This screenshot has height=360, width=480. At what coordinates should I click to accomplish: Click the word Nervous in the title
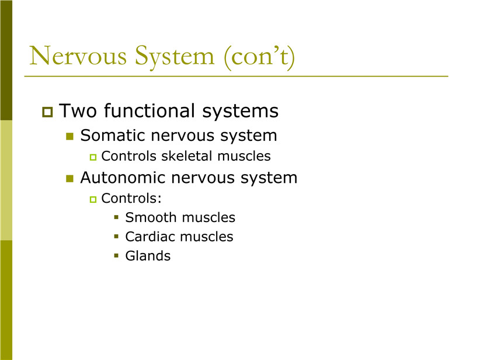(78, 56)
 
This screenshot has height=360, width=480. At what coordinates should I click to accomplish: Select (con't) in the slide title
(259, 57)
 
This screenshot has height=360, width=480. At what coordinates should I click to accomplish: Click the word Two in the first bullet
(78, 110)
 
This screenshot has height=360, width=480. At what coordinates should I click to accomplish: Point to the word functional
(149, 110)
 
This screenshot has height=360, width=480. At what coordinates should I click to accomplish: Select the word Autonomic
(123, 178)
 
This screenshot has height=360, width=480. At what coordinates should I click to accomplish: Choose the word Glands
(148, 256)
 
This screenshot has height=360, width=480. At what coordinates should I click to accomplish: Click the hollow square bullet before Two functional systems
(47, 112)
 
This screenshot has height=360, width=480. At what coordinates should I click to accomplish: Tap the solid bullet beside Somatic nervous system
(70, 136)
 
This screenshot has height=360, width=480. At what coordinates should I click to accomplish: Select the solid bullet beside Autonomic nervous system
(70, 178)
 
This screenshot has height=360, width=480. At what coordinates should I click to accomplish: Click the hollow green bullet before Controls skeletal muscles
(93, 157)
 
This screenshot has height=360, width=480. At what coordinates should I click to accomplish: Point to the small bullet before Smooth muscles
(116, 217)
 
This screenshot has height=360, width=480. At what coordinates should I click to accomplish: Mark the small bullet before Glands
(116, 255)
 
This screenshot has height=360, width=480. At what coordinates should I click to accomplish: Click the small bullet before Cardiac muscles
(116, 236)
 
